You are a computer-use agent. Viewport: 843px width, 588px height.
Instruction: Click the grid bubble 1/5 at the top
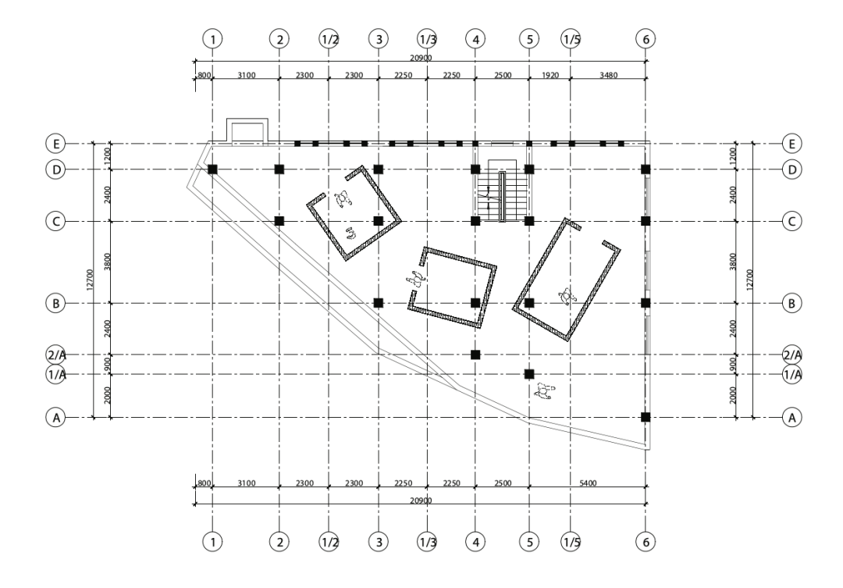pos(571,39)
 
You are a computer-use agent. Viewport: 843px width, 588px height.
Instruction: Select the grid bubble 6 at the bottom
pos(646,542)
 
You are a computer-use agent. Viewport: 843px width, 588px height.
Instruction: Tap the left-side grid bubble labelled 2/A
pos(56,355)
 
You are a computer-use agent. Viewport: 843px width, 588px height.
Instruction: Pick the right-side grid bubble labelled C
pos(791,221)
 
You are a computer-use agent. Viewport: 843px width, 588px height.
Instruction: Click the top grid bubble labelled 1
pos(213,39)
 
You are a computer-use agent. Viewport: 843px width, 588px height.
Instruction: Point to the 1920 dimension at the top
pos(550,75)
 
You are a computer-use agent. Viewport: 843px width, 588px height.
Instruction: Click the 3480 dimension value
pos(608,75)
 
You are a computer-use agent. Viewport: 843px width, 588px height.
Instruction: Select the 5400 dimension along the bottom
pos(588,483)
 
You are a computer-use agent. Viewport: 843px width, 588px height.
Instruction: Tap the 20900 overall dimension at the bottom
pos(421,501)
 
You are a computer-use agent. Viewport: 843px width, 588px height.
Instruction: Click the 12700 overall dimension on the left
pos(90,280)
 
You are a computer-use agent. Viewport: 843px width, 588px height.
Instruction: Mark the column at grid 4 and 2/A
pos(475,355)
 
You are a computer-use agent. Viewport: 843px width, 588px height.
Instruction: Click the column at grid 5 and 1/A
pos(529,374)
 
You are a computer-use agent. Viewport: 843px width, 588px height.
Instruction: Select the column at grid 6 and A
pos(646,417)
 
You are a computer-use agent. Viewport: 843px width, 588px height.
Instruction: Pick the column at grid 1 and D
pos(213,169)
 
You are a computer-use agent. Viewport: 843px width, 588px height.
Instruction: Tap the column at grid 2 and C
pos(279,221)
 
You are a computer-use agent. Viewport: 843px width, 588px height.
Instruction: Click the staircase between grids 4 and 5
pos(502,194)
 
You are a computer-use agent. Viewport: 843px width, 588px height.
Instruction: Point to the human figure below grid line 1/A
pos(544,390)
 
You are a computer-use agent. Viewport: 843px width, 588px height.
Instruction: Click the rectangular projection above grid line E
pos(247,131)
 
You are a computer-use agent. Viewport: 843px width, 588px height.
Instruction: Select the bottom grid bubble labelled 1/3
pos(428,542)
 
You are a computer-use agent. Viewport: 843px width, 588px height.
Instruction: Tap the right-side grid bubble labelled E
pos(791,144)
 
